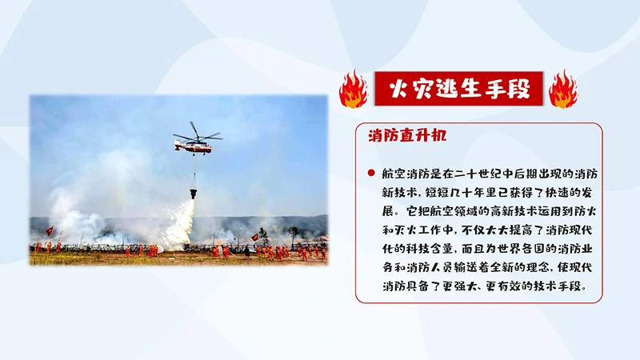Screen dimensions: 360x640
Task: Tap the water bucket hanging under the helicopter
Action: point(193,193)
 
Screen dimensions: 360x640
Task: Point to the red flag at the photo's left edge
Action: point(50,230)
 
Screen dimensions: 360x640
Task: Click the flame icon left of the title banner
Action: point(353,89)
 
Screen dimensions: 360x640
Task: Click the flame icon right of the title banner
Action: point(563,89)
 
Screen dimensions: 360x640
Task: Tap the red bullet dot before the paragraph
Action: point(370,173)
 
